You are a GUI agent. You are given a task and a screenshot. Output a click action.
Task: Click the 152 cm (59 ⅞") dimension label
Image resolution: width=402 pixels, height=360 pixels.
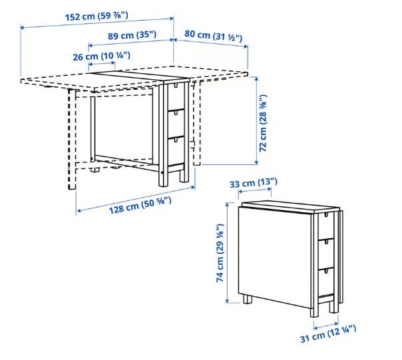pyautogui.click(x=97, y=17)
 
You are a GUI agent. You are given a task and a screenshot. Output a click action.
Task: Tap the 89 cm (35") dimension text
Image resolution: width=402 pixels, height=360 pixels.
pyautogui.click(x=132, y=35)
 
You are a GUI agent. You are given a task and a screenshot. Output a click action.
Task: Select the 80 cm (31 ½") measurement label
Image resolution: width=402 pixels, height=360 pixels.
pyautogui.click(x=213, y=35)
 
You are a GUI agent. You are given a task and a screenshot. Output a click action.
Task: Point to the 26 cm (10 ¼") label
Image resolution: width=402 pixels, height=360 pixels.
pyautogui.click(x=102, y=56)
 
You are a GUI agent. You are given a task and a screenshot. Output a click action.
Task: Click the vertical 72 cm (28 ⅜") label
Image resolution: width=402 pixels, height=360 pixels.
pyautogui.click(x=263, y=123)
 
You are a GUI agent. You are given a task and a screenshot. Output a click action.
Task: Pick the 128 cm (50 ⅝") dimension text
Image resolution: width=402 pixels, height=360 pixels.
pyautogui.click(x=140, y=205)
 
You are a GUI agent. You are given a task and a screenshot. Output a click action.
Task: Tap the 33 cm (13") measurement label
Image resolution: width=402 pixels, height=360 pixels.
pyautogui.click(x=254, y=183)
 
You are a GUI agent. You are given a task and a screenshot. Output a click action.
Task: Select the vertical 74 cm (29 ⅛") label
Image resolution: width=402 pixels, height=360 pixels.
pyautogui.click(x=220, y=253)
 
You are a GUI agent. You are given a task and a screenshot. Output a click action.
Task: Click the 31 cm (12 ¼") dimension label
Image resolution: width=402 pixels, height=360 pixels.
pyautogui.click(x=328, y=333)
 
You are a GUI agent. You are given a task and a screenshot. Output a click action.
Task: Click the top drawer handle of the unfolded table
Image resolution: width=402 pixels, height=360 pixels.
pyautogui.click(x=176, y=85)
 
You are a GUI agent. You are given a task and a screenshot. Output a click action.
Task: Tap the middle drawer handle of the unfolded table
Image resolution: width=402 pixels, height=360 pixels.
pyautogui.click(x=176, y=112)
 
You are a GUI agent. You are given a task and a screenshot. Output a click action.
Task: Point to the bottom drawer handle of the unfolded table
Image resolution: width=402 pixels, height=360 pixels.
pyautogui.click(x=176, y=139)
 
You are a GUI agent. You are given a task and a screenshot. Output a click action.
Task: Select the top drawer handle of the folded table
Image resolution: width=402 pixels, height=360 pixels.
pyautogui.click(x=326, y=214)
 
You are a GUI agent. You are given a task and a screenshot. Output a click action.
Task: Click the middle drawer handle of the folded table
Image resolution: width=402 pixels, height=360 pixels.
pyautogui.click(x=326, y=242)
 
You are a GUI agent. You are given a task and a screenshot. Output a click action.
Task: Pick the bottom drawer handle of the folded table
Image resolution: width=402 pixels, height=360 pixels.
pyautogui.click(x=326, y=271)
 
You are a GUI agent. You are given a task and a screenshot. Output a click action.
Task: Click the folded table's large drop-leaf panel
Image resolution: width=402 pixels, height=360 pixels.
pyautogui.click(x=275, y=257)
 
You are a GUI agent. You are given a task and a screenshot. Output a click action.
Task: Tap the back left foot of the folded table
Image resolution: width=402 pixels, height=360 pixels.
pyautogui.click(x=248, y=299)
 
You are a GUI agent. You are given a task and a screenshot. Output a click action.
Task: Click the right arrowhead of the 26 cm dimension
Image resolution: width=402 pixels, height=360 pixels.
pyautogui.click(x=113, y=63)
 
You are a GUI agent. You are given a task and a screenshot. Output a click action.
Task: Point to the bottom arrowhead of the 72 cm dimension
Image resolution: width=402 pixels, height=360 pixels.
pyautogui.click(x=256, y=162)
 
